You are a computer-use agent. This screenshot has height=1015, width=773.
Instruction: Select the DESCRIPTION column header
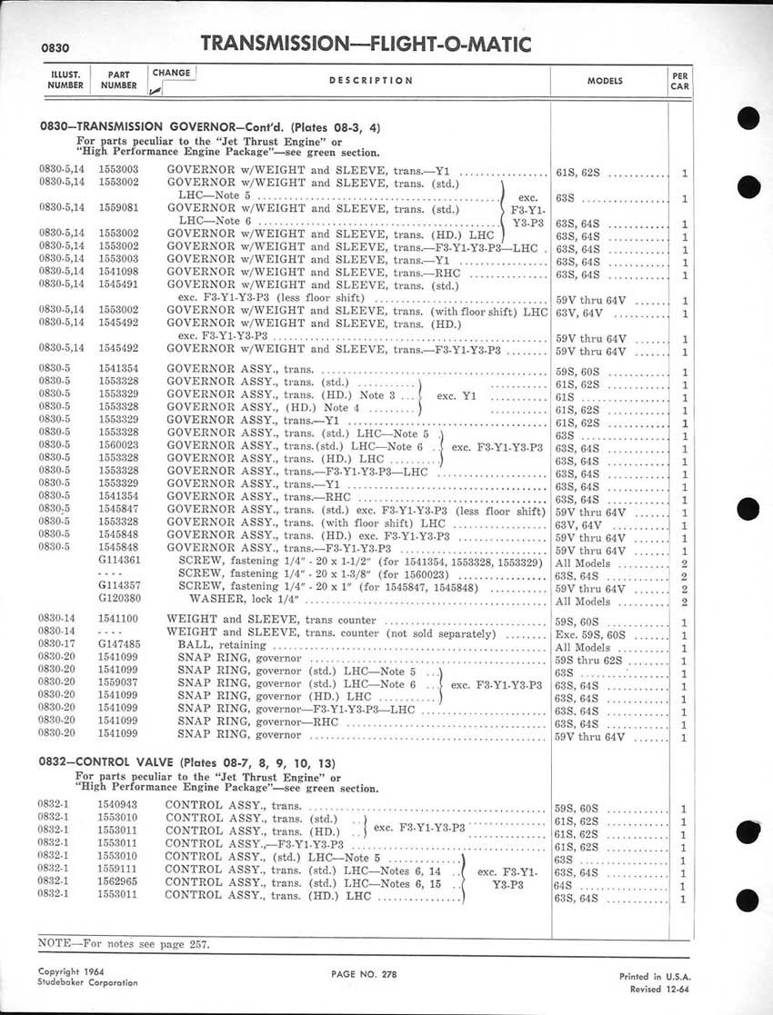point(371,80)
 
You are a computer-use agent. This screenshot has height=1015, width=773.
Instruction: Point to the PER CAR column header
point(679,80)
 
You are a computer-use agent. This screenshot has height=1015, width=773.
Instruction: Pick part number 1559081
point(118,208)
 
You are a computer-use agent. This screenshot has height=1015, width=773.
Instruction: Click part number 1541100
point(118,619)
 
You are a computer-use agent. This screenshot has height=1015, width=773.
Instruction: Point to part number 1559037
point(118,684)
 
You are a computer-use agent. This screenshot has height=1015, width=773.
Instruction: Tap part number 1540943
point(118,807)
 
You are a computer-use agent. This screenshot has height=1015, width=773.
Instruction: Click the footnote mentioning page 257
point(124,943)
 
